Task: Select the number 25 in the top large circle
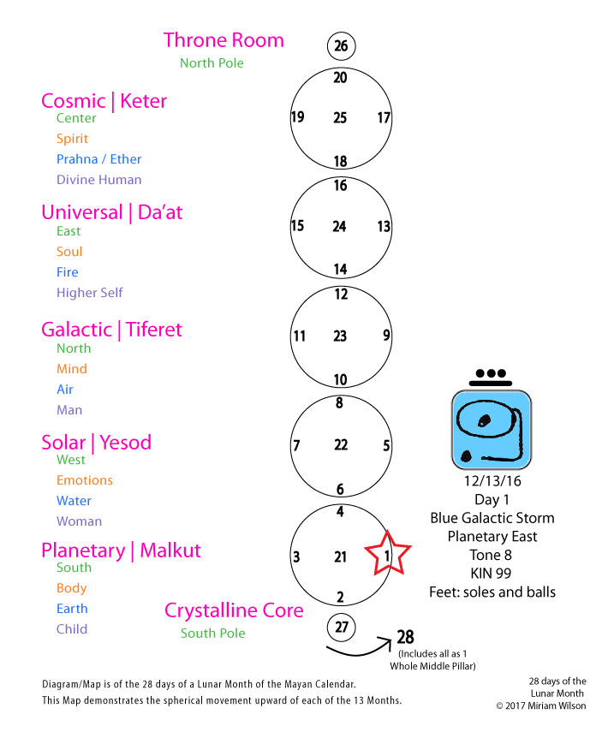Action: (340, 117)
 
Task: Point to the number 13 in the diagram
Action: (384, 226)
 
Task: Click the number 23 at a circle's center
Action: (340, 336)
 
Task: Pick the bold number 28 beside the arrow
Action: (405, 637)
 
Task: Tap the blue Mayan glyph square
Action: (491, 430)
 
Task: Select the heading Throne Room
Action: (224, 40)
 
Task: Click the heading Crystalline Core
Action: (234, 610)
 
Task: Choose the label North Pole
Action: (212, 63)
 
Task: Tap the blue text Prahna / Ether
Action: (98, 159)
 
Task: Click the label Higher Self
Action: (89, 293)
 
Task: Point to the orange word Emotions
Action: (85, 480)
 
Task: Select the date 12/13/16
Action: (492, 481)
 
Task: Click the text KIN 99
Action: (491, 574)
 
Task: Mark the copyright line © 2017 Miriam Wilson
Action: (541, 705)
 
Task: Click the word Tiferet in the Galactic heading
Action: (153, 330)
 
